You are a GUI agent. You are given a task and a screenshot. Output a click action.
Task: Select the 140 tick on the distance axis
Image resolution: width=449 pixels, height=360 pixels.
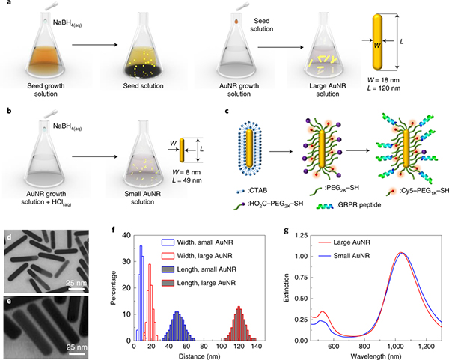257,348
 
